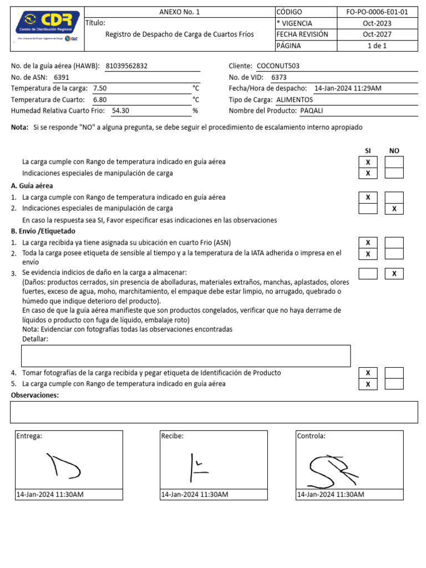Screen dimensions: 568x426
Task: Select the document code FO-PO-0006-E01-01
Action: point(377,12)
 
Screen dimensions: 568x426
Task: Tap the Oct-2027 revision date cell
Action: point(377,34)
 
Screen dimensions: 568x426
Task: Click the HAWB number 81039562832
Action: point(126,66)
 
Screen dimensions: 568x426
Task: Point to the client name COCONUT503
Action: point(278,66)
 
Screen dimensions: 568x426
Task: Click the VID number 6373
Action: point(279,78)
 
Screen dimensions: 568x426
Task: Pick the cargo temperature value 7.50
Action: point(100,89)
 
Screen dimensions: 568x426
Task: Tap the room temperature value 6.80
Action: point(100,100)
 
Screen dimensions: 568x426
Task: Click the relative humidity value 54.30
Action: point(120,111)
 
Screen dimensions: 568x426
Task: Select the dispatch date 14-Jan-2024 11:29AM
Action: point(347,89)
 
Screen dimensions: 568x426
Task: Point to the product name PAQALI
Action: point(311,111)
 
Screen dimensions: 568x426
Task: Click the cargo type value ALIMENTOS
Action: point(295,100)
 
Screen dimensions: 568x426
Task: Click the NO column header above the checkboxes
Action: point(394,151)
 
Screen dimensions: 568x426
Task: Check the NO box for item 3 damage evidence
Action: point(394,274)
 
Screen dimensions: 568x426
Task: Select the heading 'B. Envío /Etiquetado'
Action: point(43,231)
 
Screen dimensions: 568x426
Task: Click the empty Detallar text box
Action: point(185,356)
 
